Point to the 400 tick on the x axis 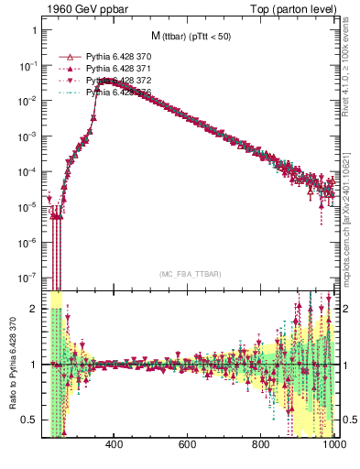pos(115,444)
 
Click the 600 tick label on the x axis pos(188,444)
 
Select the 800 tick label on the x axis pos(261,444)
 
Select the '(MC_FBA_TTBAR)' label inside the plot pos(191,274)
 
